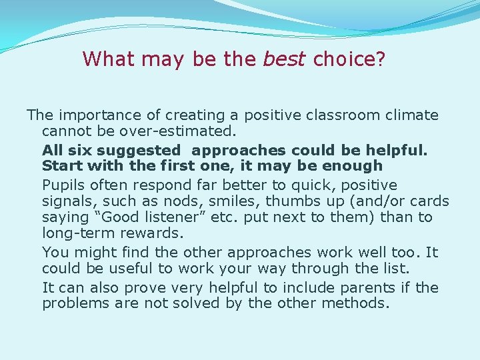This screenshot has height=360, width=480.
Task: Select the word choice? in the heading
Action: click(349, 59)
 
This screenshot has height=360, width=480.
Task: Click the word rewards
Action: click(157, 233)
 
